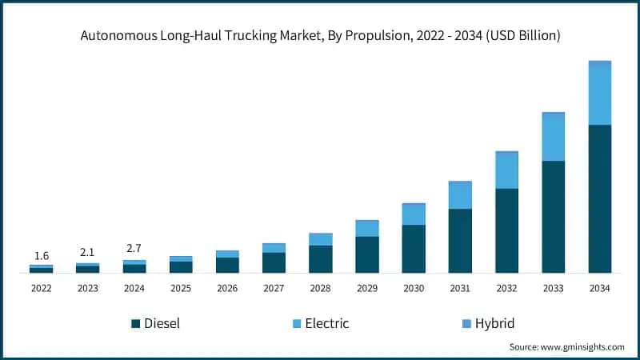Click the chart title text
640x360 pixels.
coord(320,35)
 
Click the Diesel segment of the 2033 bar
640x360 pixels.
coord(553,217)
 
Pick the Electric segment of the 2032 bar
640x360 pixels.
coord(506,170)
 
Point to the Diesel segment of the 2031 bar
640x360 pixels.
coord(460,241)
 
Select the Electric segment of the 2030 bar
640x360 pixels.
coord(414,214)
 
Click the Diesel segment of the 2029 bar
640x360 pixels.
coord(367,254)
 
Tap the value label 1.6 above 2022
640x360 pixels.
coord(41,256)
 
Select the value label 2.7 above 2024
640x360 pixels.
coord(134,249)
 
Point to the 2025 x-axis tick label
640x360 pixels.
coord(181,287)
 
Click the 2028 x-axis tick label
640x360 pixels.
coord(320,287)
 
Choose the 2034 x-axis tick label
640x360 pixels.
coord(600,287)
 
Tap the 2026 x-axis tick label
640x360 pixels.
coord(227,287)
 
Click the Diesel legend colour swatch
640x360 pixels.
coord(135,324)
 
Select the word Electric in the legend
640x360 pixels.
coord(327,323)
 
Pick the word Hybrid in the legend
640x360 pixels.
coord(494,323)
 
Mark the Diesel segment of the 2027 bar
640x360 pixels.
coord(274,263)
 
